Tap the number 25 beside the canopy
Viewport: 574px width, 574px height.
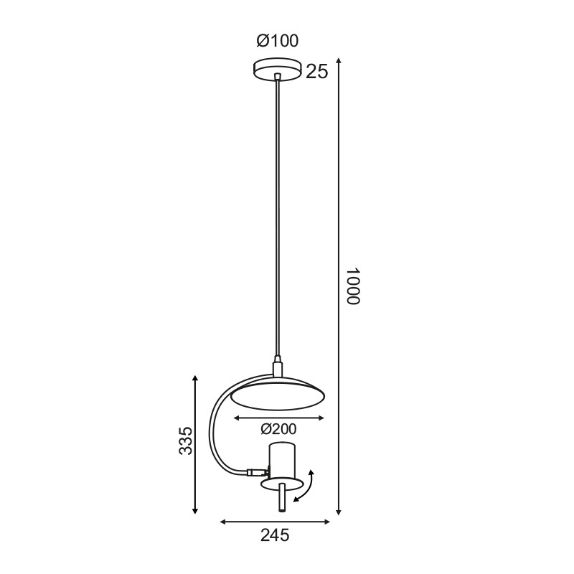pyautogui.click(x=316, y=72)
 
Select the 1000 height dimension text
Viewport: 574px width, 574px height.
pyautogui.click(x=352, y=287)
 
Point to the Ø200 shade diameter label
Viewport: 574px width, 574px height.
pyautogui.click(x=278, y=429)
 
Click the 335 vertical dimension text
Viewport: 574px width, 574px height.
pyautogui.click(x=186, y=441)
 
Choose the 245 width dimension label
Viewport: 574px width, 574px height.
pyautogui.click(x=275, y=535)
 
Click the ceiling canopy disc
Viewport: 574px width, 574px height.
pyautogui.click(x=278, y=69)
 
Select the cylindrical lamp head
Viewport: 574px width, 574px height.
pyautogui.click(x=281, y=462)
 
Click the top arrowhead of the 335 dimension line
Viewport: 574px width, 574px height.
pyautogui.click(x=195, y=379)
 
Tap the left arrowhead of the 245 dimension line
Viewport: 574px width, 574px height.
pyautogui.click(x=223, y=522)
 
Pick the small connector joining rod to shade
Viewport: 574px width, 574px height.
pyautogui.click(x=277, y=368)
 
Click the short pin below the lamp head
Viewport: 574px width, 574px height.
pyautogui.click(x=282, y=498)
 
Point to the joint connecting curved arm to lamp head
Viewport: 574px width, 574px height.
pyautogui.click(x=255, y=473)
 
